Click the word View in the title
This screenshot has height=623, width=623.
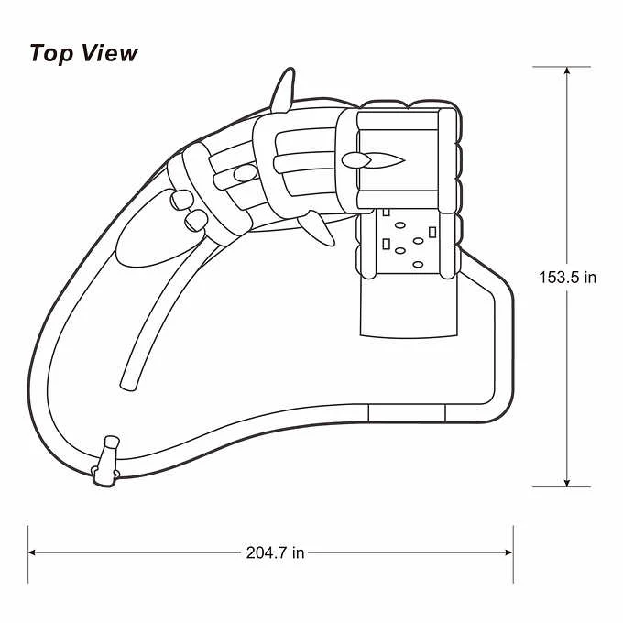click(x=110, y=52)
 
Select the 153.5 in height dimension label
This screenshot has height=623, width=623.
click(x=567, y=278)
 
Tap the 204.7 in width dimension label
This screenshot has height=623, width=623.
click(x=275, y=552)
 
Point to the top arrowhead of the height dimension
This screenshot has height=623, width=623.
click(x=567, y=71)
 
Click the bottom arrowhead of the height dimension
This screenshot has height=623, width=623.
click(x=567, y=482)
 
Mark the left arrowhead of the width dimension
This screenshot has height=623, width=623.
click(x=33, y=552)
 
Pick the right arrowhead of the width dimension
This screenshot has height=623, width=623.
click(x=508, y=552)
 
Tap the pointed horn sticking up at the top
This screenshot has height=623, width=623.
click(x=283, y=91)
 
